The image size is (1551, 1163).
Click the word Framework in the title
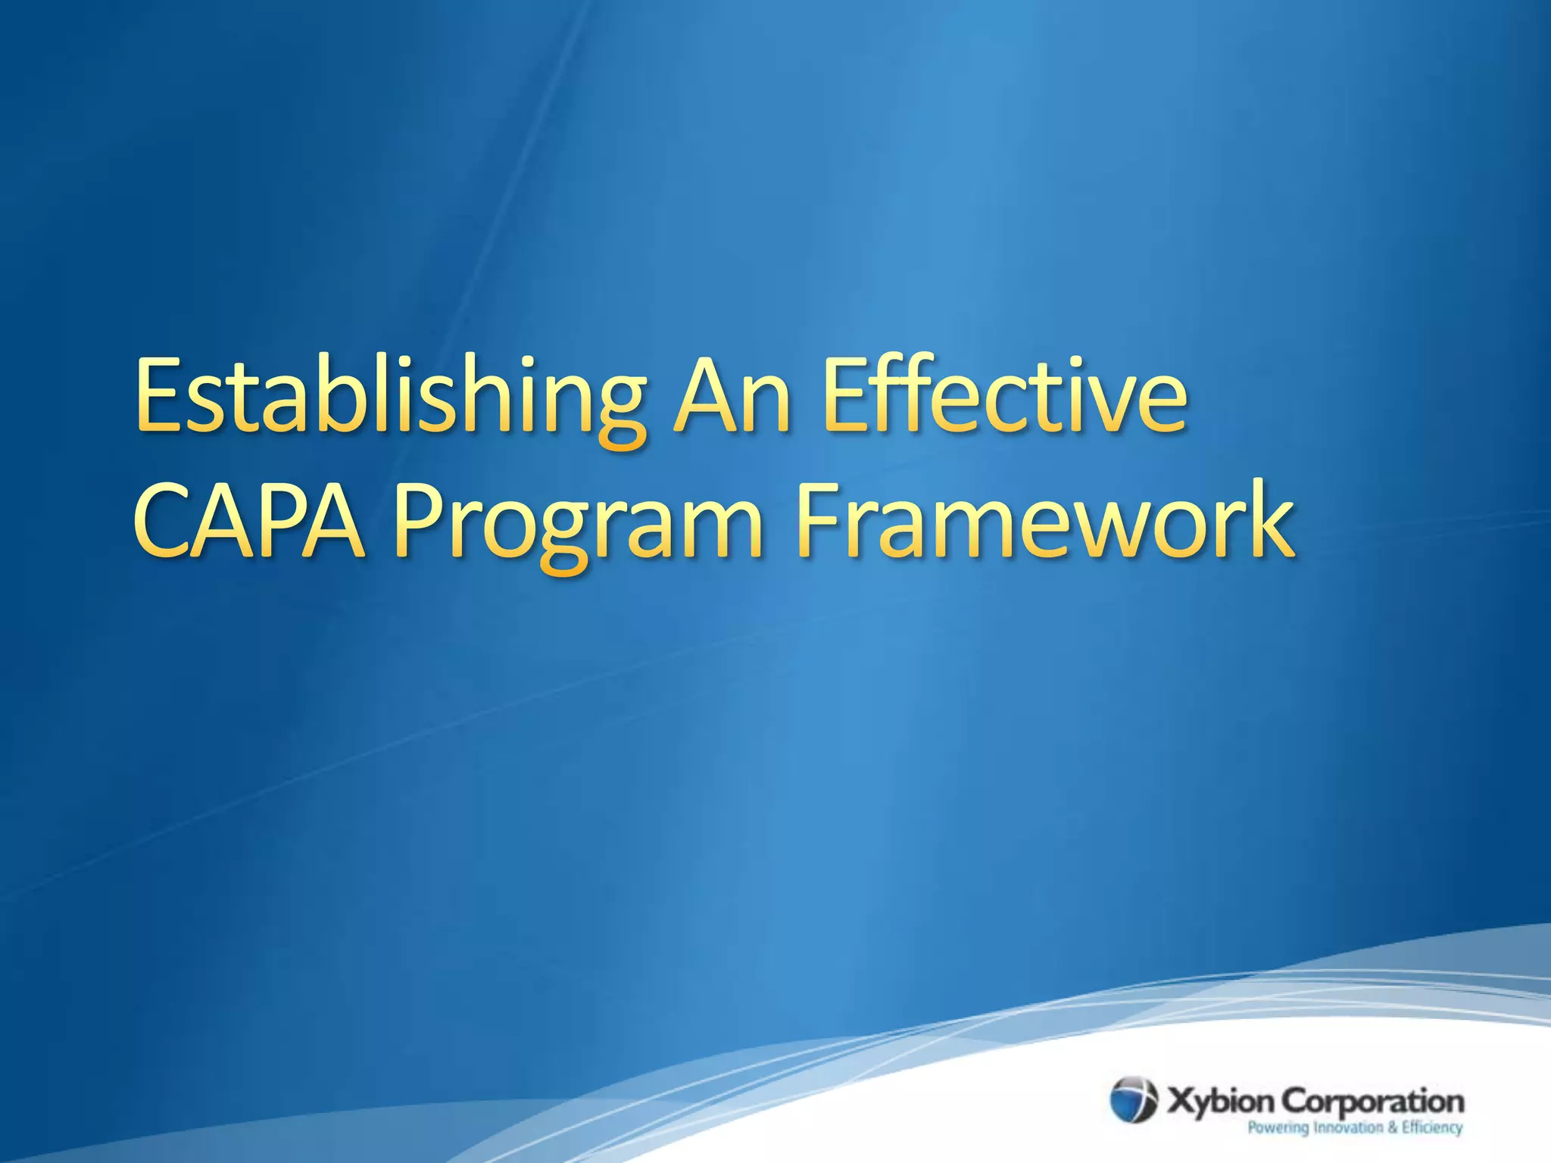(x=1044, y=522)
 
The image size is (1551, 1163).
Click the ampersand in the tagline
(x=1392, y=1127)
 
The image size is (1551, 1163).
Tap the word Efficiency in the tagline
(x=1431, y=1128)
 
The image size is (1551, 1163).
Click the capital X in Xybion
(x=1181, y=1101)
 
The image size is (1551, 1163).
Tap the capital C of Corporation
(x=1294, y=1101)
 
